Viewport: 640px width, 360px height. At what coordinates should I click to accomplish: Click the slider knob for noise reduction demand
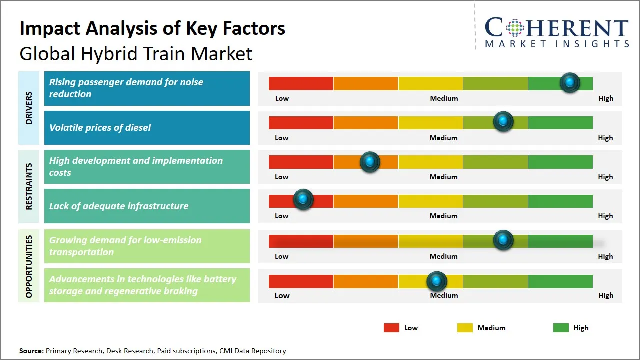(569, 82)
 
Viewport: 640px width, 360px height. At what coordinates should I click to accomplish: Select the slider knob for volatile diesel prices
(503, 121)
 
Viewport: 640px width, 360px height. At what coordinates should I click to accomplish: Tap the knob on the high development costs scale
(370, 162)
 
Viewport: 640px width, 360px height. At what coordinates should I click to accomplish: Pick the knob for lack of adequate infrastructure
(303, 199)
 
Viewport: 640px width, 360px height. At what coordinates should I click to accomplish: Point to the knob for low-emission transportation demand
(503, 240)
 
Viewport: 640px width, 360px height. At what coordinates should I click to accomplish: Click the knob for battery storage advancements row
(437, 281)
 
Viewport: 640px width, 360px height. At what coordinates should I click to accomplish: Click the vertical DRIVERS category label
(29, 108)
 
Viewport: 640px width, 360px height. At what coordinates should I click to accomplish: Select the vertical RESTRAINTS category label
(29, 186)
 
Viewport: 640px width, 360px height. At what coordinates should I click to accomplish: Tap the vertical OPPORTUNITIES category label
(29, 266)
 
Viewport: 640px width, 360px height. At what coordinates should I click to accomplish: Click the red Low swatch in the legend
(391, 328)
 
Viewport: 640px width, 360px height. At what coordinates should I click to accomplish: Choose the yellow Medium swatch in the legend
(465, 328)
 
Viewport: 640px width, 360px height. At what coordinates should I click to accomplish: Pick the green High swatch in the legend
(561, 328)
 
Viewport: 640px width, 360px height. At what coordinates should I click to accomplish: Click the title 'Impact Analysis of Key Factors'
(152, 29)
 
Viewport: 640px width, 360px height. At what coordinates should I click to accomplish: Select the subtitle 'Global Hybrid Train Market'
(136, 54)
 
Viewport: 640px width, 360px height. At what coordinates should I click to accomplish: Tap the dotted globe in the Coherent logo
(514, 28)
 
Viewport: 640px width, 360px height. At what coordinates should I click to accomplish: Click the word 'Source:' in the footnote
(31, 351)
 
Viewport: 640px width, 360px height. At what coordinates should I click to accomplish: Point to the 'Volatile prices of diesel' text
(100, 128)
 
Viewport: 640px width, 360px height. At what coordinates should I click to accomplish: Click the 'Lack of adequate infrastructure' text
(118, 206)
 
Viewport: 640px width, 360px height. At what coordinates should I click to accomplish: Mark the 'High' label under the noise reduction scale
(605, 98)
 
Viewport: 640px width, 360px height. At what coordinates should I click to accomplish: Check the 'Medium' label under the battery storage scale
(444, 295)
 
